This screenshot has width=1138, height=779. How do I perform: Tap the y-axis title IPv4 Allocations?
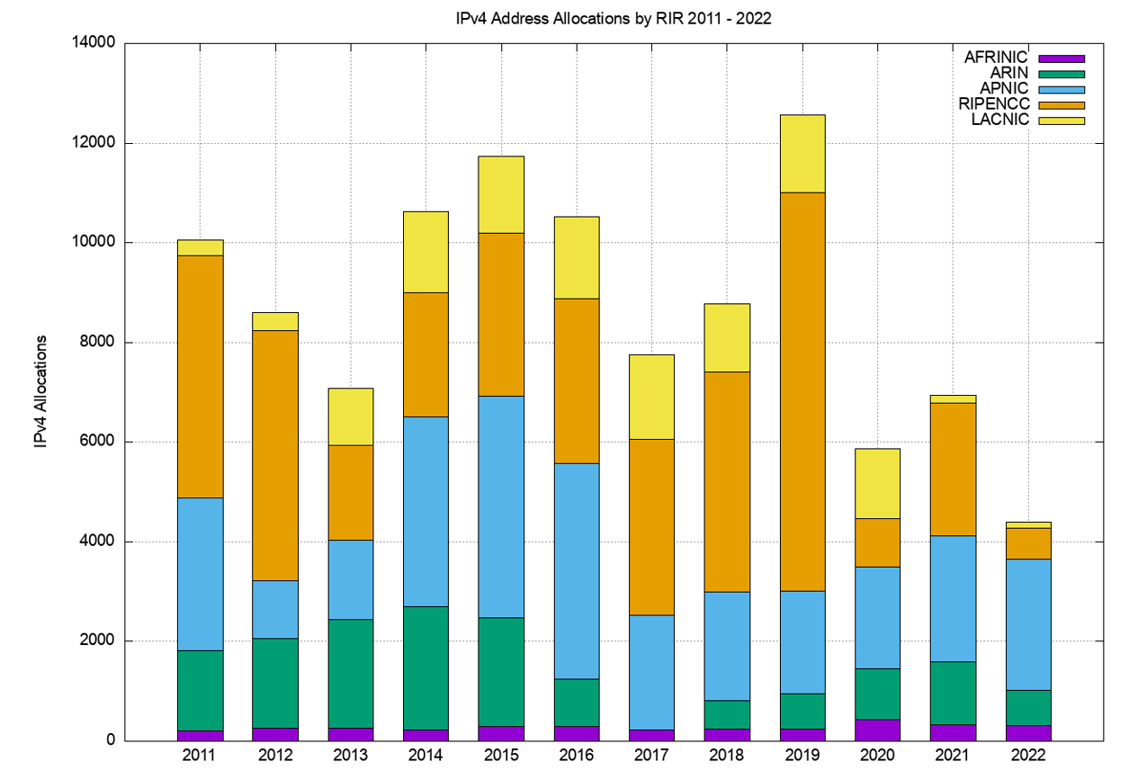pos(40,391)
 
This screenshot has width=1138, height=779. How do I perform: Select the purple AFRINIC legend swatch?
pos(1062,58)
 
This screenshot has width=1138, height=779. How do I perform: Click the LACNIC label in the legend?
pos(999,120)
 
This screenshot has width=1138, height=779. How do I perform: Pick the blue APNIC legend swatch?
pos(1062,89)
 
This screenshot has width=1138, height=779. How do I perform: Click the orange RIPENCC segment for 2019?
pos(802,391)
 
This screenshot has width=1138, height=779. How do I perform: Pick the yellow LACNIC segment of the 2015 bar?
pos(501,194)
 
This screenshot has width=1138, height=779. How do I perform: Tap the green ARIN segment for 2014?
pos(426,667)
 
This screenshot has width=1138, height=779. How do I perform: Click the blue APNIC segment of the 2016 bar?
pos(576,570)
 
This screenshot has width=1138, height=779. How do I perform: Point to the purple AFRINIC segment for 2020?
pos(877,730)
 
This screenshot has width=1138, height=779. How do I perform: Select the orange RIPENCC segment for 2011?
pos(200,376)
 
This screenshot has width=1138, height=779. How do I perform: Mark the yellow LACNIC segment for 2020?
pos(877,483)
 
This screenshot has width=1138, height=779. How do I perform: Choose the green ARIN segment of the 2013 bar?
pos(350,674)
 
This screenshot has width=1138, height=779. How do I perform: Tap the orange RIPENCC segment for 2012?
pos(275,455)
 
